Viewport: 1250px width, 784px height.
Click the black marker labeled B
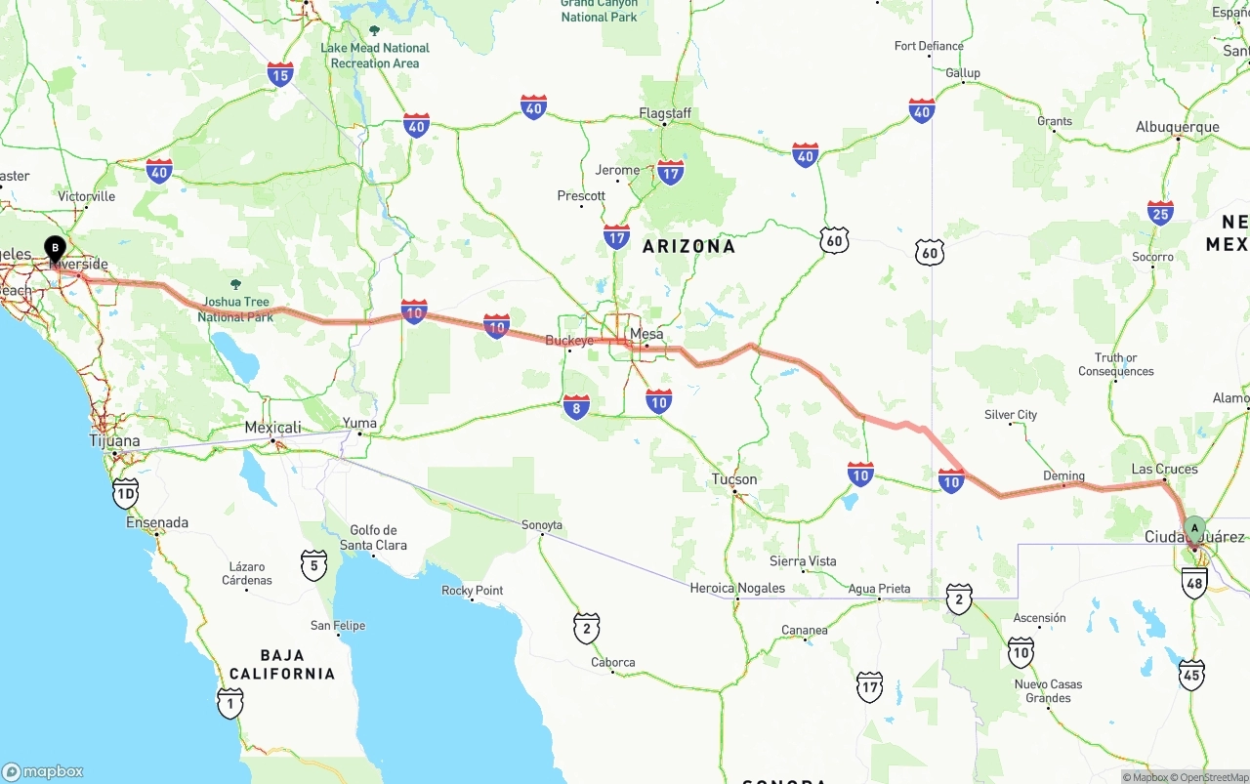click(55, 248)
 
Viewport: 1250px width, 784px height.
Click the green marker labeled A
click(1193, 529)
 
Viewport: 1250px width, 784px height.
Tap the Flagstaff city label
click(665, 113)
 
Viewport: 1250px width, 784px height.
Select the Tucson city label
click(733, 479)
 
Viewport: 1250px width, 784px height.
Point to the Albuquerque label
click(1177, 127)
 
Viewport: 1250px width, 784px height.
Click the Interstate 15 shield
click(280, 74)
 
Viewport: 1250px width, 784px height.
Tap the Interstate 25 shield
click(1160, 212)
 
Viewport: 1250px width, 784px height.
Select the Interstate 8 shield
click(576, 406)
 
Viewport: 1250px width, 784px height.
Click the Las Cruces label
click(1164, 469)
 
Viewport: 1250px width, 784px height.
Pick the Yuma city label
click(359, 424)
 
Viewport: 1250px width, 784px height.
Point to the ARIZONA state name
click(688, 246)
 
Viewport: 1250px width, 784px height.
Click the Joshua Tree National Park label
click(235, 309)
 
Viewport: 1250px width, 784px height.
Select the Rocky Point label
click(473, 591)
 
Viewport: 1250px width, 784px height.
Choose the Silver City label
click(1011, 415)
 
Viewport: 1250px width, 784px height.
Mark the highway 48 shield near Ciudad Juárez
click(1193, 583)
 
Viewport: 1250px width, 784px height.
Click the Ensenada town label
click(157, 522)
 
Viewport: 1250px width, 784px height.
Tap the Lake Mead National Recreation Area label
click(374, 56)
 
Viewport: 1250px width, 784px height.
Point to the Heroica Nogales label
click(737, 588)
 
